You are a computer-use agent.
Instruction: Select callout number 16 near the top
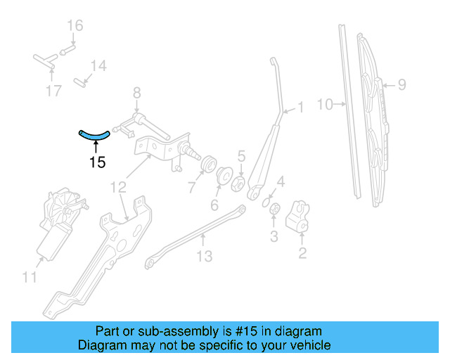coord(75,26)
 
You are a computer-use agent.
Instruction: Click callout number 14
coord(98,66)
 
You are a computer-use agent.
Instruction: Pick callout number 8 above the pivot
coord(137,92)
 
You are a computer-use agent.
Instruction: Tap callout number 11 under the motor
coord(29,278)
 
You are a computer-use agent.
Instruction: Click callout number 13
coord(203,257)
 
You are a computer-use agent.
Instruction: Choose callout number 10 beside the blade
coord(324,105)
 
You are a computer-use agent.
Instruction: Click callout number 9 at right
coord(401,85)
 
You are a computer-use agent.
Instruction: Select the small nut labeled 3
coord(276,209)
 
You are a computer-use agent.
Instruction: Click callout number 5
coord(240,156)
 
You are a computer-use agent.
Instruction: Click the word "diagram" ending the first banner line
coord(297,331)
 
